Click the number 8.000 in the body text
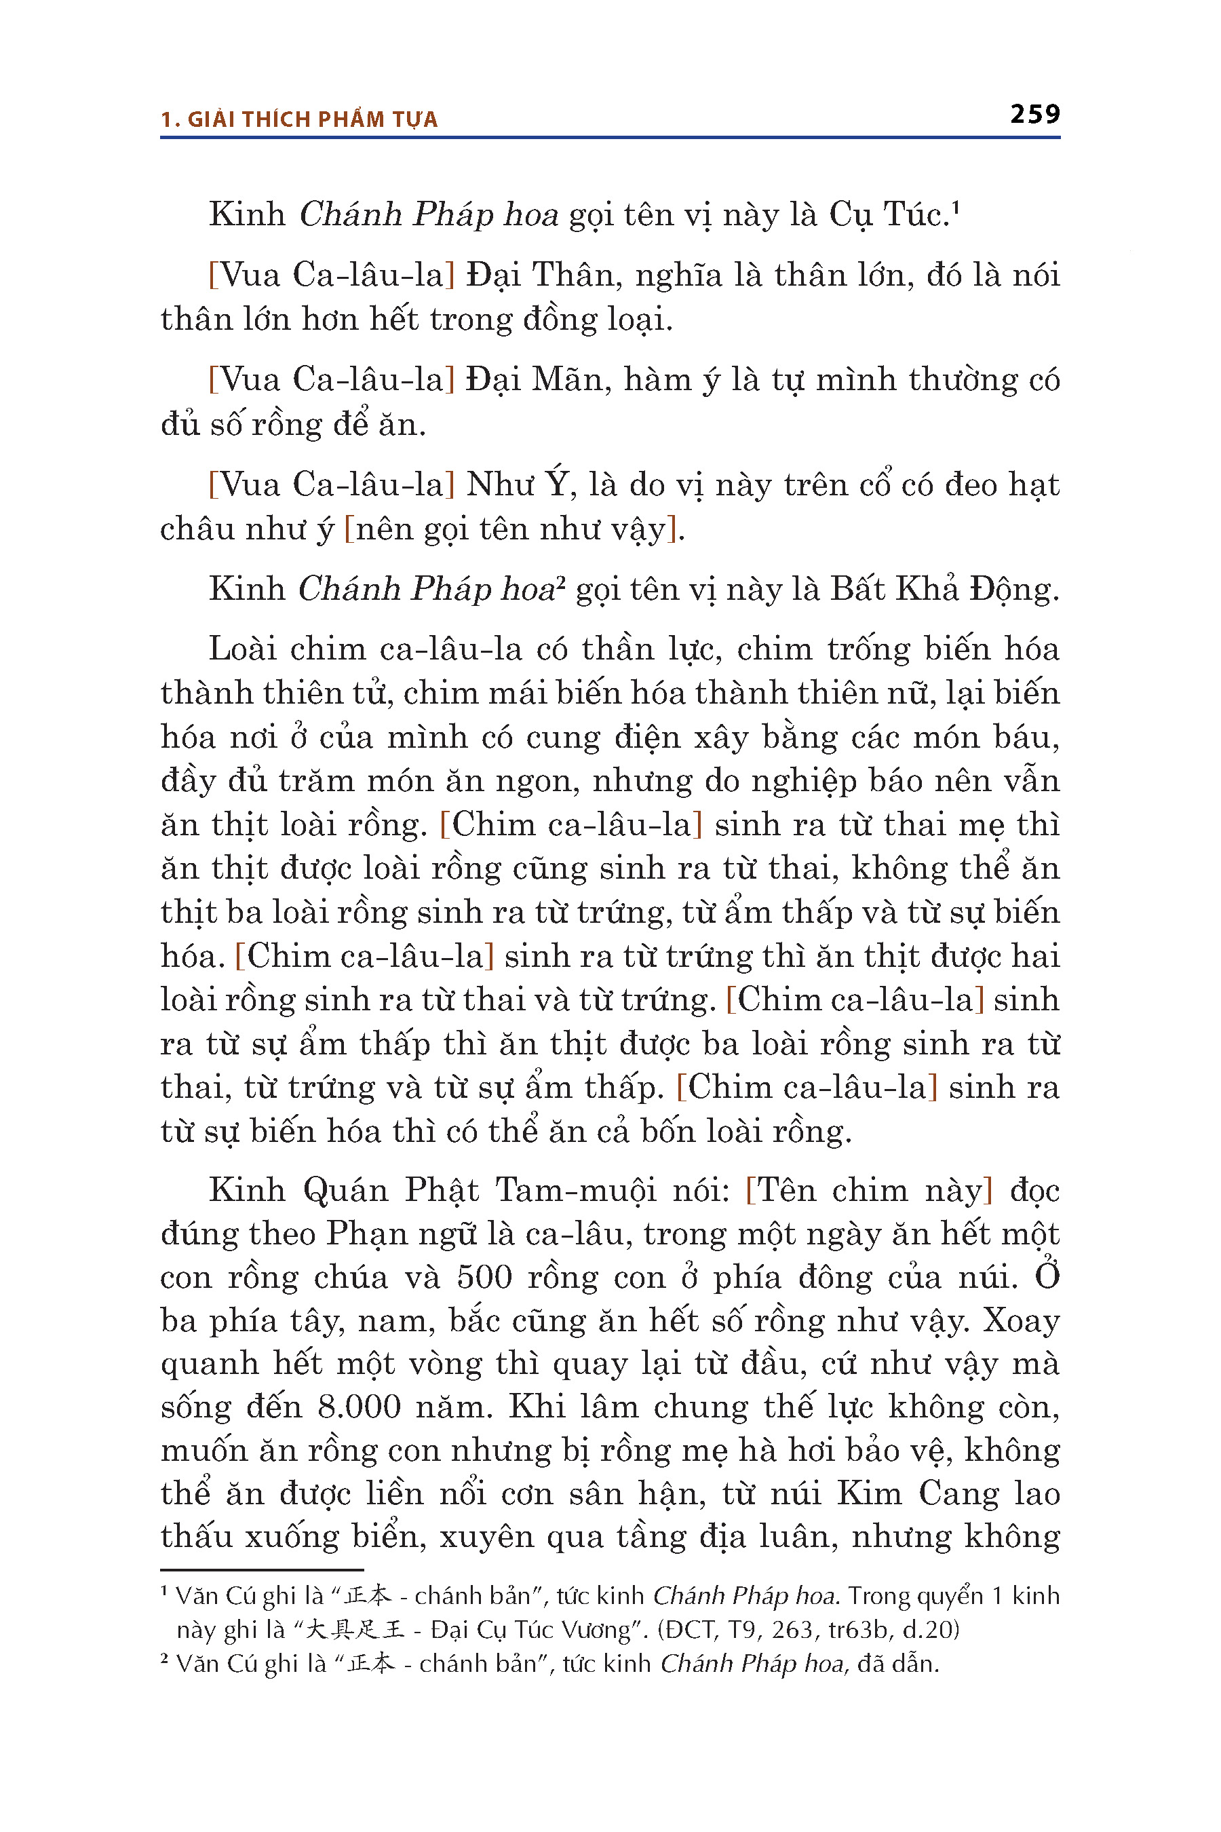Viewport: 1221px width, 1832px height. click(359, 1407)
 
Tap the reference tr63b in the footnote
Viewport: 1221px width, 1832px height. click(856, 1630)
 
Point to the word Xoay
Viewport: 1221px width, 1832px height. click(1021, 1320)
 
